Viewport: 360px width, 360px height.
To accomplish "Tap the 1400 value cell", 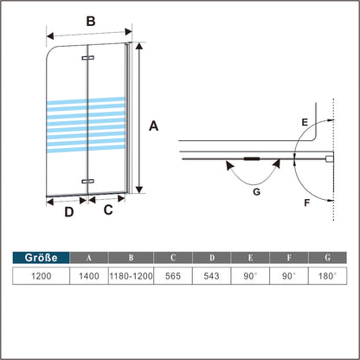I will pyautogui.click(x=87, y=276).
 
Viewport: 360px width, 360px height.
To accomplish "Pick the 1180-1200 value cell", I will pyautogui.click(x=130, y=276).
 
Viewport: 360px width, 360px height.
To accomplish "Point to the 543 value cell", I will pyautogui.click(x=211, y=276).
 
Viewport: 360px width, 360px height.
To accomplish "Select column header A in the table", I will pyautogui.click(x=87, y=257).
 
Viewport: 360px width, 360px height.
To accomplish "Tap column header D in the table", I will pyautogui.click(x=211, y=257).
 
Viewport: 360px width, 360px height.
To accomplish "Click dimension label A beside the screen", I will pyautogui.click(x=153, y=126).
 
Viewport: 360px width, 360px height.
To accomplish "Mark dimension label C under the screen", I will pyautogui.click(x=109, y=209).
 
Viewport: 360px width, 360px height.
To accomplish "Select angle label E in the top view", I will pyautogui.click(x=303, y=123).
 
